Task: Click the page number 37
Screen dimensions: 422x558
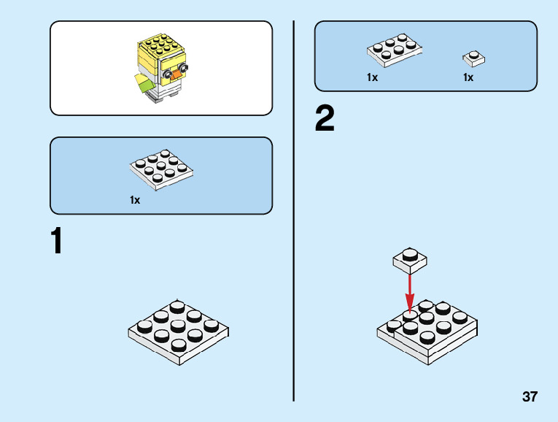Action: click(x=530, y=397)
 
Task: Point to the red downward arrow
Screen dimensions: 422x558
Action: click(x=410, y=289)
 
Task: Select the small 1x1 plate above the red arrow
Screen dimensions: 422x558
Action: click(x=410, y=258)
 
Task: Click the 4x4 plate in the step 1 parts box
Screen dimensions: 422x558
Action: click(x=161, y=168)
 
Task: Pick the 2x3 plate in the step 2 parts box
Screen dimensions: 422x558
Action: click(x=395, y=49)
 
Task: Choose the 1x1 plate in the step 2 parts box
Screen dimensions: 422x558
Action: click(x=474, y=58)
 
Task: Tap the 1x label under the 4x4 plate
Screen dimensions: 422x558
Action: click(x=135, y=199)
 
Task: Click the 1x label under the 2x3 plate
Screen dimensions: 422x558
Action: click(x=372, y=77)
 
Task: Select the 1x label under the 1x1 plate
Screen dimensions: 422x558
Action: click(x=468, y=77)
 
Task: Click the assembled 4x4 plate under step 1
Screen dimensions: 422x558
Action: click(x=179, y=329)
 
